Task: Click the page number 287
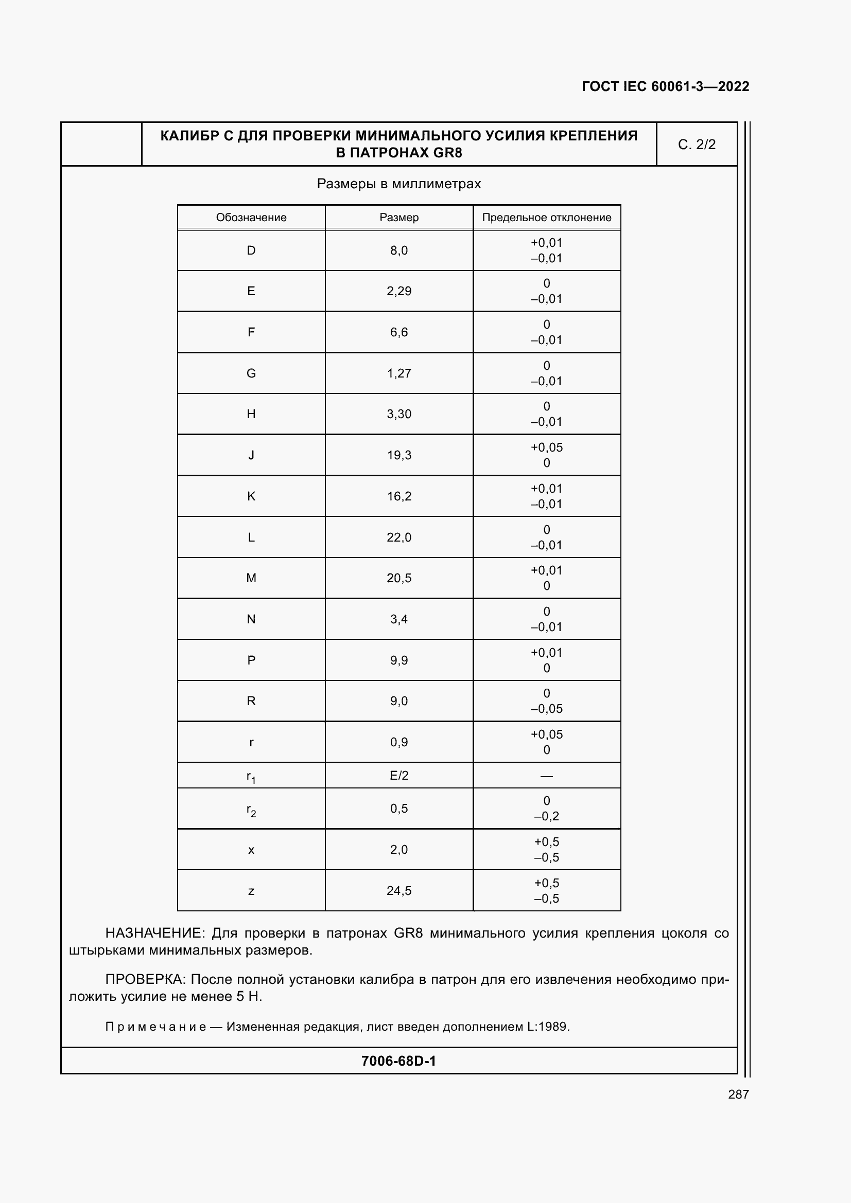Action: tap(738, 1094)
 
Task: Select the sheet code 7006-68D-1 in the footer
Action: tap(398, 1061)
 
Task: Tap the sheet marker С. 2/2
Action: tap(697, 145)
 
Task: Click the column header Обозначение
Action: tap(251, 218)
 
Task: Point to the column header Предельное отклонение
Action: tap(546, 218)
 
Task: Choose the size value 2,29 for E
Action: tap(399, 291)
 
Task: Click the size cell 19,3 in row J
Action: tap(399, 455)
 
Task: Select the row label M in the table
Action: tap(251, 578)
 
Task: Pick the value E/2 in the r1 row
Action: tap(399, 776)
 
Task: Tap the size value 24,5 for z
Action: tap(399, 891)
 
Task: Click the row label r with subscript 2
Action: tap(251, 810)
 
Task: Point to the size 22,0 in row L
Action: tap(399, 537)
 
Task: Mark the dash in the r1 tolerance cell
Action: tap(546, 776)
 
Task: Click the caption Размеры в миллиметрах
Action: tap(398, 184)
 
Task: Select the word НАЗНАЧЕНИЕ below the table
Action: tap(157, 933)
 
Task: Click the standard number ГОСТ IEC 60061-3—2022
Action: tap(665, 86)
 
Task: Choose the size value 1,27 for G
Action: tap(399, 373)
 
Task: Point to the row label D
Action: tap(251, 250)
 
